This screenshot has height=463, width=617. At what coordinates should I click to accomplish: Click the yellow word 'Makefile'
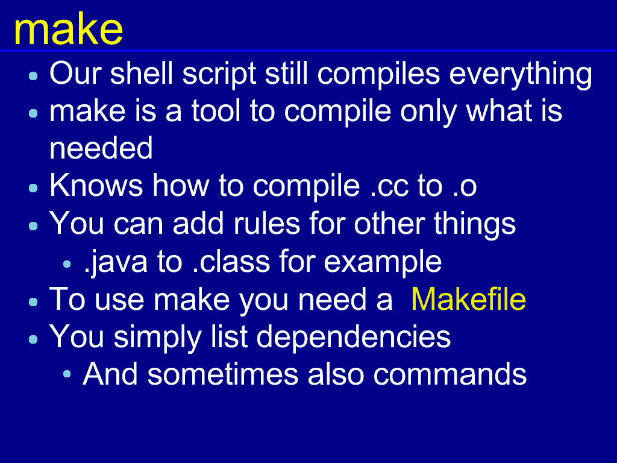point(468,300)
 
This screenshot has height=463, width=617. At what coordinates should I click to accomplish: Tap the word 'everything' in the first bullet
point(521,75)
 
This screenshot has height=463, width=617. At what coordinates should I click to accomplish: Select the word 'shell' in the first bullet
point(141,73)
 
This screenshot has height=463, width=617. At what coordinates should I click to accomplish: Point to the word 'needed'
point(101,148)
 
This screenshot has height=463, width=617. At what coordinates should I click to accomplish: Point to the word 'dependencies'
point(353,338)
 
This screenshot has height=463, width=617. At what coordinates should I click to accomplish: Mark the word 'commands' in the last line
point(449,374)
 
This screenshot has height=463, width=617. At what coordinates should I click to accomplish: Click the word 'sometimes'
point(223,374)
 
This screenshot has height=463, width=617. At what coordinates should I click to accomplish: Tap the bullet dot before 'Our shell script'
point(34,75)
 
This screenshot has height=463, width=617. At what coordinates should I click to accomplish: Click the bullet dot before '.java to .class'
point(67,264)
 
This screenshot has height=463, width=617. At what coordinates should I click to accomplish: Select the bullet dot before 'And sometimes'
point(67,374)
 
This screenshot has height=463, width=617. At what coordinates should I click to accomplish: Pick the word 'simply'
point(157,338)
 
